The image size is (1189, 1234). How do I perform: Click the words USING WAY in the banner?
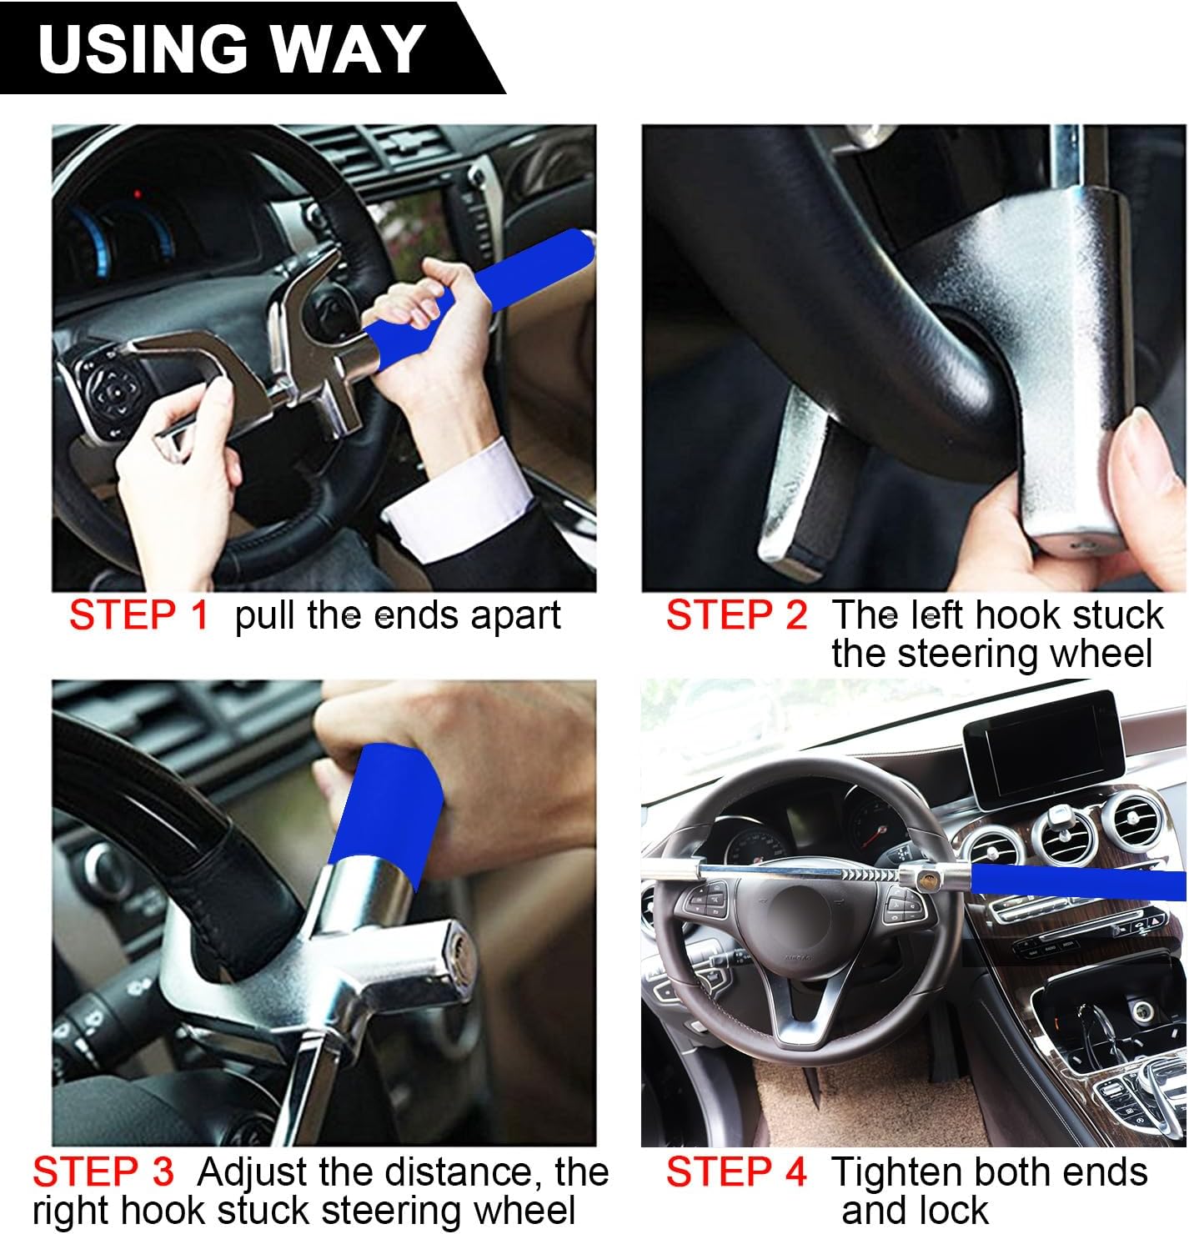point(232,48)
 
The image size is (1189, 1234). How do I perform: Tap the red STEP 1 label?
point(138,616)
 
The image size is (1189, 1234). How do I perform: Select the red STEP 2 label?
point(736,616)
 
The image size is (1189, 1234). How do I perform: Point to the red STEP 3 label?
point(103,1172)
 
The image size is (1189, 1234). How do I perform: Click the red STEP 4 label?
point(736,1172)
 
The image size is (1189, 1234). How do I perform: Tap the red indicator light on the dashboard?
point(138,195)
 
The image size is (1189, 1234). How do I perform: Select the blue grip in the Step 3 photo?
point(388,805)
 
